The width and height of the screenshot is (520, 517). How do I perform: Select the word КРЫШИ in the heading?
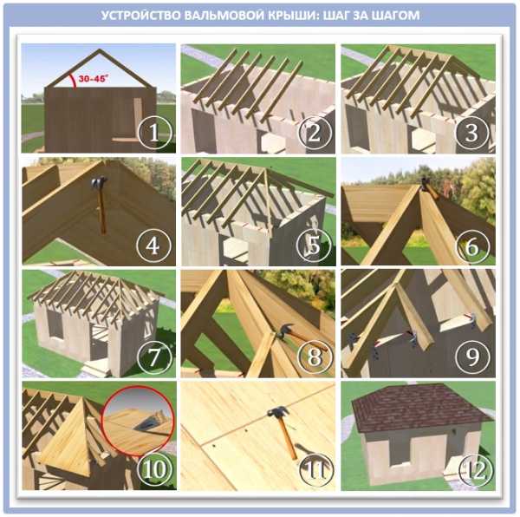point(294,16)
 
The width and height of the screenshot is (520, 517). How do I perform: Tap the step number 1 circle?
point(154,132)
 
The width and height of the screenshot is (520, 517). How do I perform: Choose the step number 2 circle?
point(315,132)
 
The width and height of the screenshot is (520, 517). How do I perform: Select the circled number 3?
point(472,132)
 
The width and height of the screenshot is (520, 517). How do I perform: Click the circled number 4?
point(154,245)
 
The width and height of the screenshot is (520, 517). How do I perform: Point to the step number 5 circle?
point(314,245)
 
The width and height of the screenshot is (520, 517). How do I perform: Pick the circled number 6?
point(472,245)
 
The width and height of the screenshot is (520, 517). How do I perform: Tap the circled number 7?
point(154,357)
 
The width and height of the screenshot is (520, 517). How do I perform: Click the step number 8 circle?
point(315,357)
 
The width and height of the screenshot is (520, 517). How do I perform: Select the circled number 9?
point(472,357)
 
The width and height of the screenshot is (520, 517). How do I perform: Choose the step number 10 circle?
point(154,469)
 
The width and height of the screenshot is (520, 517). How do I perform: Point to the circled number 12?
point(475,469)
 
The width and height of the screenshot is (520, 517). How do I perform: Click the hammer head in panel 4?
point(100,182)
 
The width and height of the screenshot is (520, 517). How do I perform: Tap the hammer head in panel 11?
point(278,412)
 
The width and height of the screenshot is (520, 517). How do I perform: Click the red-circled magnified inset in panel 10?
point(138,421)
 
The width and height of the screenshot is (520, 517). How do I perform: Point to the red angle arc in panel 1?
point(73,81)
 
